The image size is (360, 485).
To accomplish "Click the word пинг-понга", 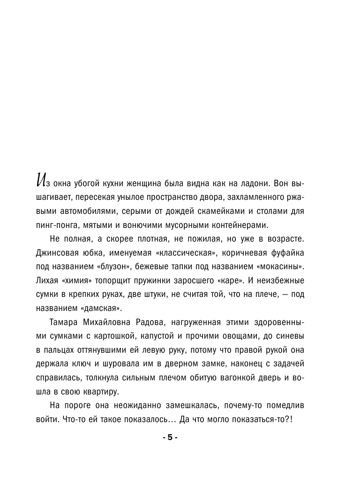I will click(x=55, y=212).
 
